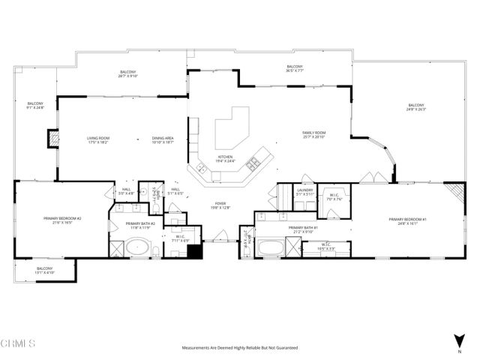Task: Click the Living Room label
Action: (x=99, y=139)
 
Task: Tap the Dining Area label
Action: (x=163, y=139)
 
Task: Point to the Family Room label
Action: (x=313, y=134)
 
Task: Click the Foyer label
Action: (x=220, y=205)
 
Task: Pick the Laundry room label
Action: (x=304, y=191)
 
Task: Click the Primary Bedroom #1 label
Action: (x=407, y=221)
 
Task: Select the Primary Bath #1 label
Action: (x=304, y=229)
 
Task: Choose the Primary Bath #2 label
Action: (x=140, y=225)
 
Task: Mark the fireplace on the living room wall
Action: (x=52, y=139)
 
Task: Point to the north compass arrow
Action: (x=457, y=340)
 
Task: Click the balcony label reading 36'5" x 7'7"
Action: (x=294, y=70)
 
